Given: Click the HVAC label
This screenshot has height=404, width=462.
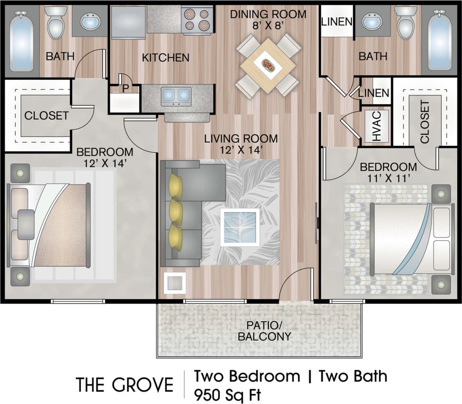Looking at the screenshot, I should [x=376, y=126].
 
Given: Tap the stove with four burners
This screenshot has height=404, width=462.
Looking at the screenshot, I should [x=197, y=20].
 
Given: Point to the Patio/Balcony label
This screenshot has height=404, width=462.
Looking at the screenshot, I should [x=264, y=331].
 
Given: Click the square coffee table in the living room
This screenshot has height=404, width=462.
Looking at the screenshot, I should [x=240, y=227].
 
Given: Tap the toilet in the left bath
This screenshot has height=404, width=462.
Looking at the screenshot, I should [x=55, y=23].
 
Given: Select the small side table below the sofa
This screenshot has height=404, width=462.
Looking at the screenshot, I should [x=175, y=283].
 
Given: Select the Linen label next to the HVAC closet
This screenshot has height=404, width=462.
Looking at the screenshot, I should [x=374, y=93].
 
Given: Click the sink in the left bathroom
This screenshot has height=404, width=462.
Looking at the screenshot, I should [x=90, y=21].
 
